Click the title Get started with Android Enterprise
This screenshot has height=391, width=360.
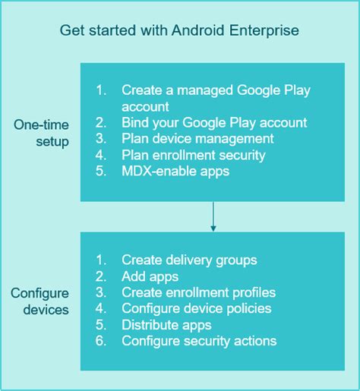179,30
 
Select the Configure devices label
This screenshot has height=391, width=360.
40,301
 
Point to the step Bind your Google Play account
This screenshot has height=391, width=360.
213,122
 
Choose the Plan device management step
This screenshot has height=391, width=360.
197,139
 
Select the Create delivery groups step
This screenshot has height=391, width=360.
189,260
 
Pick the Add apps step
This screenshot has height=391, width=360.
150,276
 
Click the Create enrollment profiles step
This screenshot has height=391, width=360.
198,292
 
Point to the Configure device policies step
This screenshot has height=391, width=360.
196,308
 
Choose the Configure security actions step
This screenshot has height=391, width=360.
199,341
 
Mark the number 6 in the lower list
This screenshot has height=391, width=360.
99,341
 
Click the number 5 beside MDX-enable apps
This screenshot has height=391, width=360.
99,171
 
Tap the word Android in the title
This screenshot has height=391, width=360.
197,30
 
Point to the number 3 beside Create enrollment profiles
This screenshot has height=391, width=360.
99,292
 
